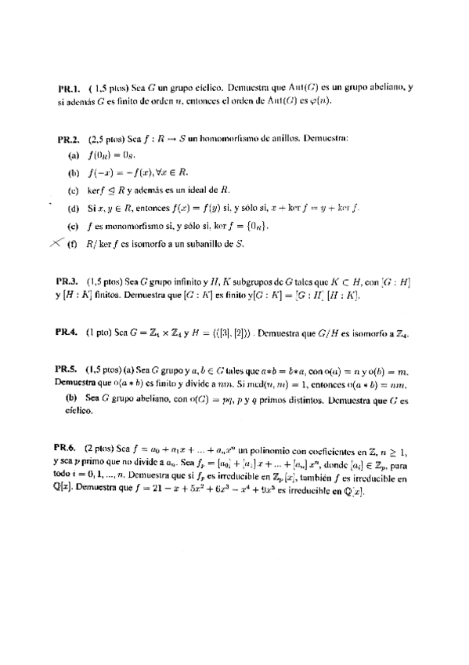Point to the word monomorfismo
point(129,226)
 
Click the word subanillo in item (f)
point(205,244)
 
